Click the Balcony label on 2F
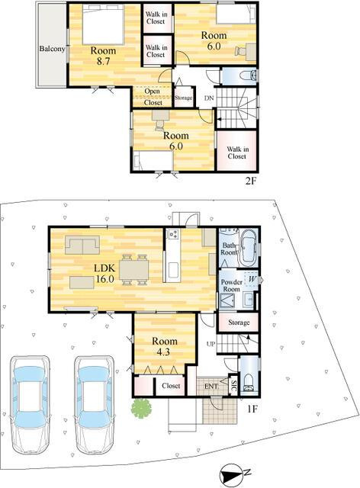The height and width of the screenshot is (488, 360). (52, 49)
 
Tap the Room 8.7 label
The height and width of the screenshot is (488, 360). (103, 56)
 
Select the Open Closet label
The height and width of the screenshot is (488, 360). (153, 97)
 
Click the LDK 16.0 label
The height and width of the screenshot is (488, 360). (105, 273)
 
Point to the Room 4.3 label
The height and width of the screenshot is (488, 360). (165, 346)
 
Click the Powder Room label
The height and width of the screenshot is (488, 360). (231, 285)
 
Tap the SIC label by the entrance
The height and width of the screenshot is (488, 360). (234, 386)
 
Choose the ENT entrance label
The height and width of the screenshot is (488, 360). (211, 387)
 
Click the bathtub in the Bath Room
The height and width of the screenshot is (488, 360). (248, 248)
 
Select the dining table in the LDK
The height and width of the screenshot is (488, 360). (134, 269)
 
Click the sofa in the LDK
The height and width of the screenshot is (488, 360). (82, 245)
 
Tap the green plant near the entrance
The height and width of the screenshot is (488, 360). (141, 408)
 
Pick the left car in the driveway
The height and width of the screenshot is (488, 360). (30, 404)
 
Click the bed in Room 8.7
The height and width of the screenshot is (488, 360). (104, 24)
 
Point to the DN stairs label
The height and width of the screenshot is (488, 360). (209, 98)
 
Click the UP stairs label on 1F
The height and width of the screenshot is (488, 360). (211, 344)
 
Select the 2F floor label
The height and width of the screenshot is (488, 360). (250, 181)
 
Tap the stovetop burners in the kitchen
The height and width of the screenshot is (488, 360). (173, 234)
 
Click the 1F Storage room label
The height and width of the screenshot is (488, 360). (239, 323)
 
